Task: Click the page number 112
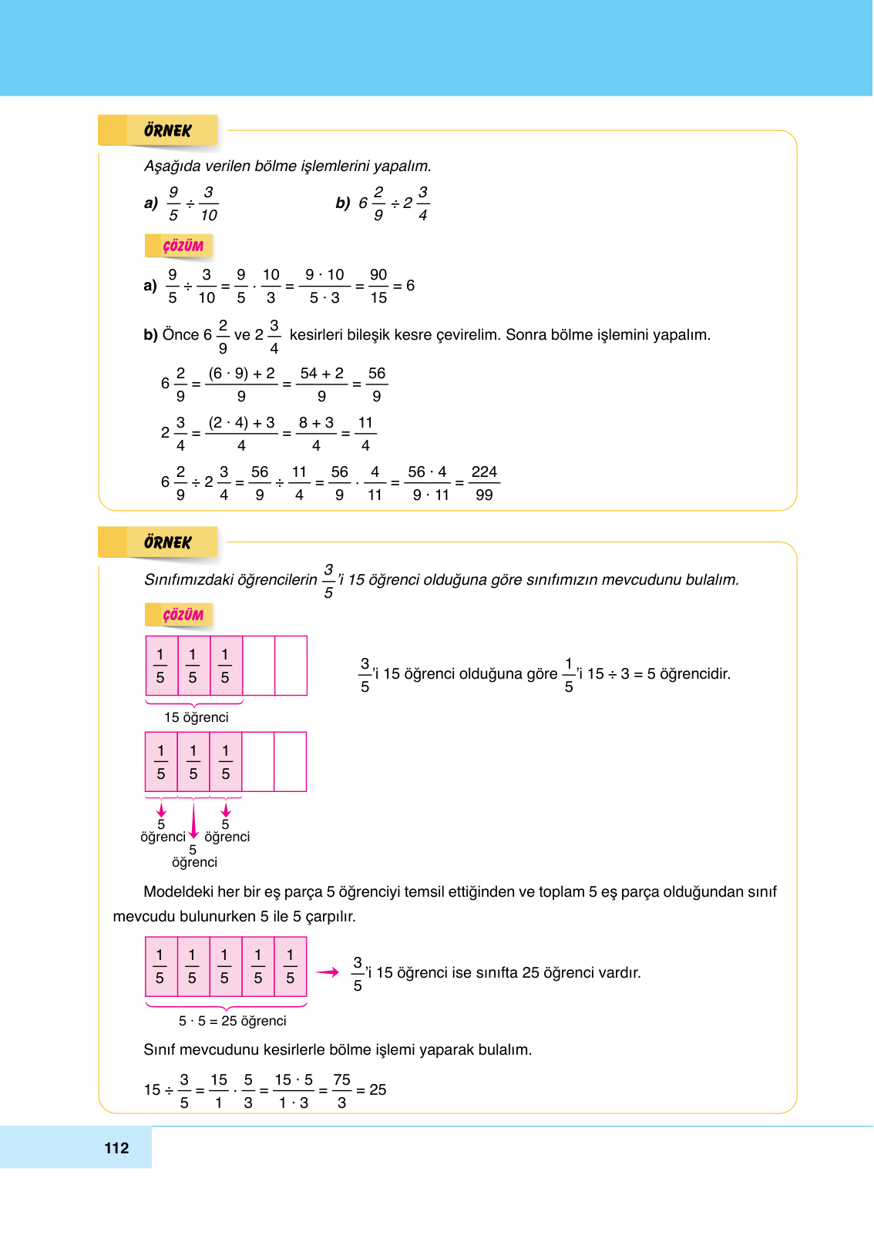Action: pyautogui.click(x=116, y=1148)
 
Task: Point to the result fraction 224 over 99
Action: pyautogui.click(x=484, y=483)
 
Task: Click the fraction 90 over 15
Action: pyautogui.click(x=378, y=286)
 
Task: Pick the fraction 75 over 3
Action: pyautogui.click(x=341, y=1091)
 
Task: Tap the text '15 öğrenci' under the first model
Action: pyautogui.click(x=196, y=717)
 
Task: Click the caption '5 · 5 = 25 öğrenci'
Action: pyautogui.click(x=232, y=1021)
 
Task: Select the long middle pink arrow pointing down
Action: pyautogui.click(x=193, y=821)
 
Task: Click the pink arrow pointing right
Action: pyautogui.click(x=328, y=972)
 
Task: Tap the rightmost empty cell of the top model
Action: pyautogui.click(x=291, y=666)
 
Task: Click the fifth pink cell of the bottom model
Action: pyautogui.click(x=291, y=967)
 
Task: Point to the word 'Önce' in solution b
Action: pyautogui.click(x=180, y=334)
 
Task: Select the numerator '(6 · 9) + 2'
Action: pyautogui.click(x=241, y=373)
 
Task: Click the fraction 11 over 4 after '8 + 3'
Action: pyautogui.click(x=365, y=434)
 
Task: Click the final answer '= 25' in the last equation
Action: pyautogui.click(x=371, y=1090)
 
